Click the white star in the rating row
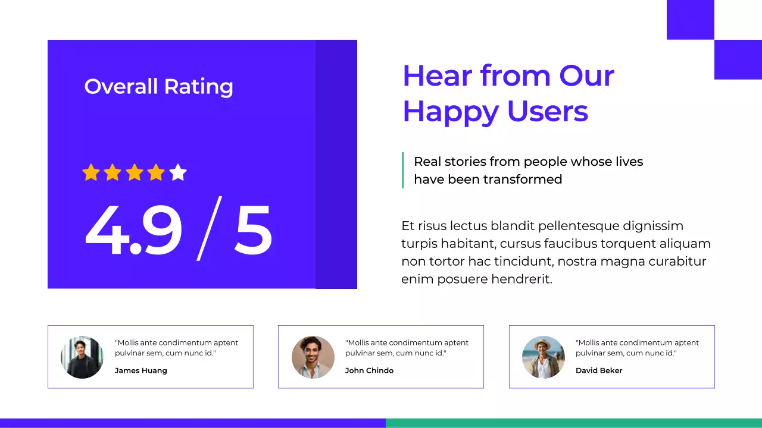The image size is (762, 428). click(x=178, y=172)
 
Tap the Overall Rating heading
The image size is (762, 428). click(x=158, y=87)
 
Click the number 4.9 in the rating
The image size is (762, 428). click(x=133, y=231)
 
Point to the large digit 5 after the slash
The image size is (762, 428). click(x=253, y=231)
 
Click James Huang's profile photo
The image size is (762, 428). click(x=82, y=357)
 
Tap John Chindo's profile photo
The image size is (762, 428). click(x=313, y=357)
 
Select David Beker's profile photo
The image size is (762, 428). click(x=544, y=357)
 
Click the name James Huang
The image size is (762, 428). click(x=141, y=370)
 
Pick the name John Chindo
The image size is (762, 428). click(x=369, y=370)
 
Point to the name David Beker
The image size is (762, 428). click(x=599, y=370)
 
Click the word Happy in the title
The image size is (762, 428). click(x=451, y=112)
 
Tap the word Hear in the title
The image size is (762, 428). click(x=437, y=76)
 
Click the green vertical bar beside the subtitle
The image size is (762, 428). click(x=403, y=170)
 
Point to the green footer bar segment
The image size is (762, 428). click(x=574, y=423)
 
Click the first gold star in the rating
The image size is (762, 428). click(x=91, y=172)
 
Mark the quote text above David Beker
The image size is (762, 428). click(x=637, y=348)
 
